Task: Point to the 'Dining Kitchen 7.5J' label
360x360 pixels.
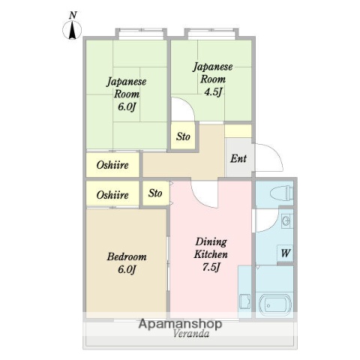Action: tap(211, 255)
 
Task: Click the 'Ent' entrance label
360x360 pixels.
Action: tap(238, 158)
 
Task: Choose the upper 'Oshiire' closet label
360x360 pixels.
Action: tap(112, 164)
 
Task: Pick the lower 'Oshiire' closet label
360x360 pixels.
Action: tap(112, 195)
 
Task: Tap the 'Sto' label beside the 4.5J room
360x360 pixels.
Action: tap(183, 137)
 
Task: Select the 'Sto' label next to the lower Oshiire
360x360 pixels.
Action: tap(155, 193)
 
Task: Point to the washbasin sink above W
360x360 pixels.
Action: tap(286, 222)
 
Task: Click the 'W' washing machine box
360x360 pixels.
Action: tap(285, 253)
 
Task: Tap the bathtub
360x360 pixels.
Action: tap(274, 305)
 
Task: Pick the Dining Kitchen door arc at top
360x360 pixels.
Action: tap(202, 196)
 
